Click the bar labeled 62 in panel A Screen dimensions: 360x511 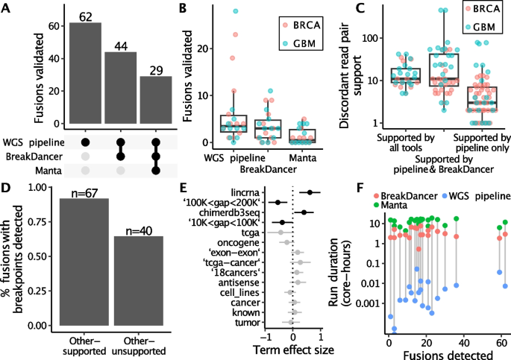click(x=85, y=75)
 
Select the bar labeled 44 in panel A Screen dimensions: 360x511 click(x=120, y=89)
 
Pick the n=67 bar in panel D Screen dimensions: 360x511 click(x=86, y=262)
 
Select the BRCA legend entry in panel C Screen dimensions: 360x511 click(x=486, y=10)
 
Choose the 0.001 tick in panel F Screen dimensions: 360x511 click(x=371, y=304)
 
